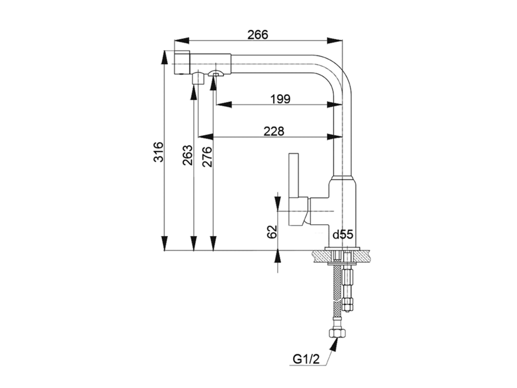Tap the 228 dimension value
[274, 131]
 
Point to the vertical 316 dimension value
[159, 152]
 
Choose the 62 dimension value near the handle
[271, 232]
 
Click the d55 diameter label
[343, 234]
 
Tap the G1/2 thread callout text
[306, 359]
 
